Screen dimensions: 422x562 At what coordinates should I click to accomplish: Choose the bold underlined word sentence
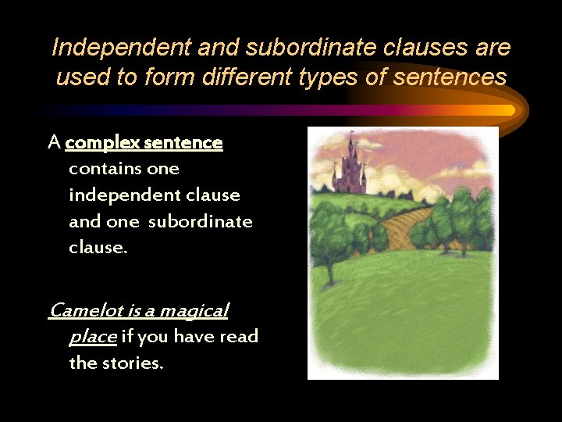185,143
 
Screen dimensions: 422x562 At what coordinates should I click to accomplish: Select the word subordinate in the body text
201,221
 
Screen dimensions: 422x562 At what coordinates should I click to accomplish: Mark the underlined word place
93,338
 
